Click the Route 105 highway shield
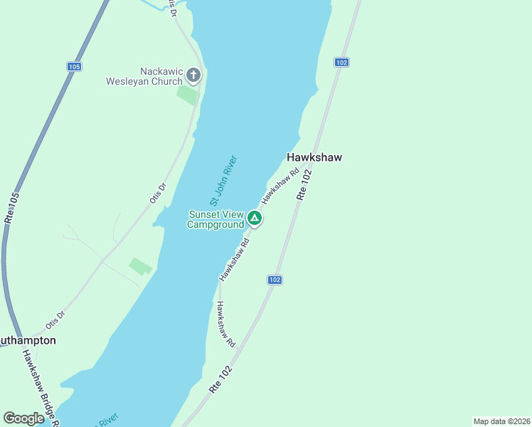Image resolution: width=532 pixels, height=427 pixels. point(75,66)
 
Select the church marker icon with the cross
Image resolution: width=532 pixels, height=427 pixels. point(193,75)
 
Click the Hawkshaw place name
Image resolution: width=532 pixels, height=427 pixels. point(314,157)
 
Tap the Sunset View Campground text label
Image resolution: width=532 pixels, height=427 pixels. point(216,220)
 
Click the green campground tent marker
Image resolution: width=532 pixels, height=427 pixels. point(255,218)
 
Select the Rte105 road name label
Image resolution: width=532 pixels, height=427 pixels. point(11,209)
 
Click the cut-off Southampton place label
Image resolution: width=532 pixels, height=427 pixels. point(27,340)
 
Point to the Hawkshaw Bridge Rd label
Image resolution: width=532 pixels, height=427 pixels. point(39,388)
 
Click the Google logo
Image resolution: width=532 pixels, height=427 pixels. point(23,418)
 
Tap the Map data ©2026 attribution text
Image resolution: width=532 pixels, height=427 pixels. point(501,421)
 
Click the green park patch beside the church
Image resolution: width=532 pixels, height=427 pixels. point(187,95)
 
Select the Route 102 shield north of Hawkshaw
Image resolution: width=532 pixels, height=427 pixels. point(341,63)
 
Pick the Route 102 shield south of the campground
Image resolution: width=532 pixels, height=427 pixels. point(275,280)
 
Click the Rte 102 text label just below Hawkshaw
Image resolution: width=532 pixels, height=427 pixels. point(304,184)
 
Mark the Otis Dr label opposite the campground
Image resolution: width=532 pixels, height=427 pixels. point(158,194)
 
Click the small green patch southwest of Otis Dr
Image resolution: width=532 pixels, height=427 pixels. point(140,266)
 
